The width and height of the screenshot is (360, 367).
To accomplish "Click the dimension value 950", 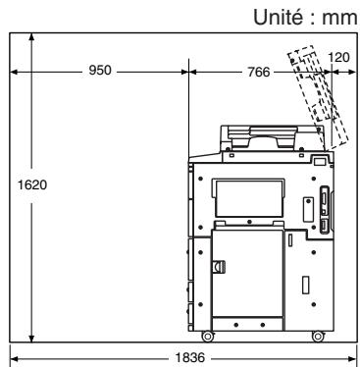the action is click(100, 70).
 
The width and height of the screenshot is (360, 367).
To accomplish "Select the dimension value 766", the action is click(259, 72).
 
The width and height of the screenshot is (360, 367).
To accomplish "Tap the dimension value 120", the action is click(338, 57).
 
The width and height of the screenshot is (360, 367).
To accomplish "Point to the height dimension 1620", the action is click(32, 184).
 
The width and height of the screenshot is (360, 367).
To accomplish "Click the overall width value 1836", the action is click(190, 357).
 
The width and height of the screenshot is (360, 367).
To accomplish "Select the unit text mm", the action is click(339, 19).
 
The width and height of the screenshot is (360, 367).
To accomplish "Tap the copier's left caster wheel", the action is click(207, 336).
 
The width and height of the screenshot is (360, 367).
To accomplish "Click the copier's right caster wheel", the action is click(318, 336).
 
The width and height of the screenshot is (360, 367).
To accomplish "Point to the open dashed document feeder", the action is click(317, 96).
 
